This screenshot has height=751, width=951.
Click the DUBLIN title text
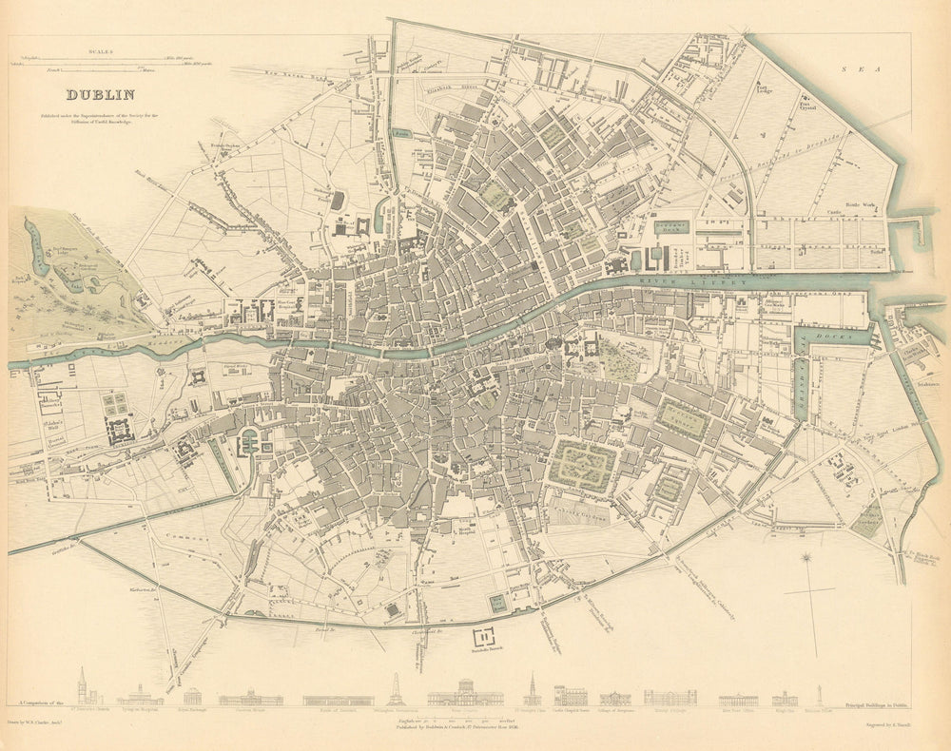pos(99,94)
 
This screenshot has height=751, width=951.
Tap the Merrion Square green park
pos(684,419)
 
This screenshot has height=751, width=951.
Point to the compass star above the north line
pos(806,558)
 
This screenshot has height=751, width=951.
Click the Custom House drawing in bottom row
pos(250,698)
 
